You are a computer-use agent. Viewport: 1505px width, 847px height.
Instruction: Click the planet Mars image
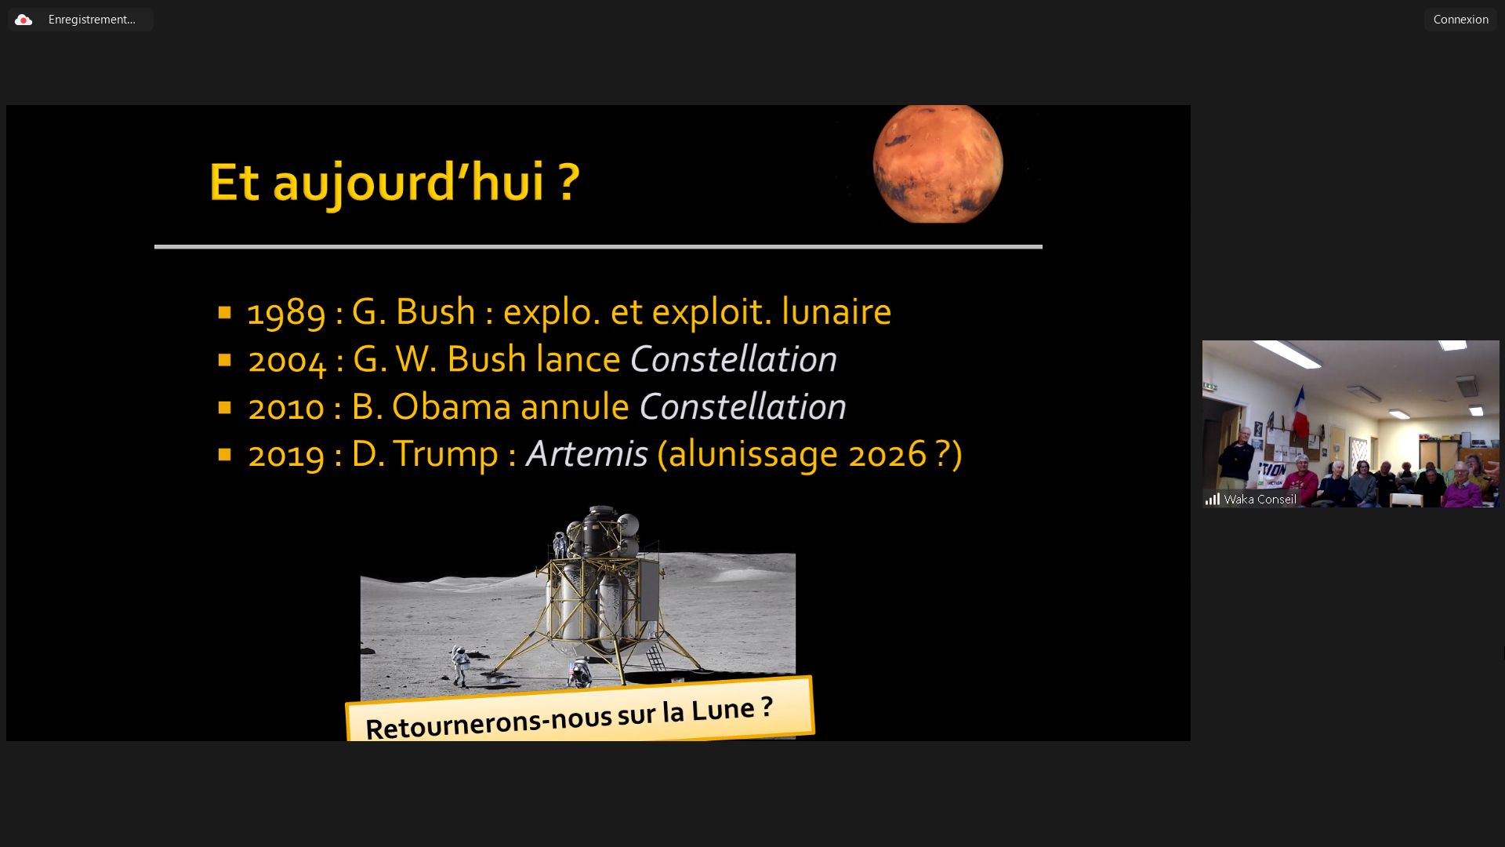pyautogui.click(x=937, y=163)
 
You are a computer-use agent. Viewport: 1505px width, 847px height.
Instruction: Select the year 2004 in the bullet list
pyautogui.click(x=287, y=360)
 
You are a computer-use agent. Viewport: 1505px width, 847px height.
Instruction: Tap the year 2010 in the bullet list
pyautogui.click(x=286, y=407)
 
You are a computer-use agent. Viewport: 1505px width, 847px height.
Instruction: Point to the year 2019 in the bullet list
pyautogui.click(x=286, y=454)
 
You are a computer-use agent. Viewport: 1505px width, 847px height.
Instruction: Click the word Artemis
pyautogui.click(x=586, y=453)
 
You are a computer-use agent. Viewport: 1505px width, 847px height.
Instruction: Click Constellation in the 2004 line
pyautogui.click(x=734, y=359)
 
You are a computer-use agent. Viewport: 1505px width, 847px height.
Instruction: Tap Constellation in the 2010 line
pyautogui.click(x=742, y=406)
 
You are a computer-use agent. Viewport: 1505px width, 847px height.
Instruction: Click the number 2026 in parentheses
pyautogui.click(x=887, y=454)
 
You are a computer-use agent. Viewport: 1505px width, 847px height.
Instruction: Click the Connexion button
pyautogui.click(x=1460, y=20)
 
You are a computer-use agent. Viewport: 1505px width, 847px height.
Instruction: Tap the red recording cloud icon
pyautogui.click(x=24, y=20)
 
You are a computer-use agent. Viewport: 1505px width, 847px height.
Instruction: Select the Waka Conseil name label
pyautogui.click(x=1260, y=500)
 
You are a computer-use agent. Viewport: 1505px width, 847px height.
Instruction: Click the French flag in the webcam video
pyautogui.click(x=1300, y=413)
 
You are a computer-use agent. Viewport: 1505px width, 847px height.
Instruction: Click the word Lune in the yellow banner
pyautogui.click(x=722, y=710)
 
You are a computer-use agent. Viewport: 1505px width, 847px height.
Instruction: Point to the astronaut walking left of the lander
pyautogui.click(x=461, y=667)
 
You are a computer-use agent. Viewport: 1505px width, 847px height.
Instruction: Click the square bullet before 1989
pyautogui.click(x=225, y=313)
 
